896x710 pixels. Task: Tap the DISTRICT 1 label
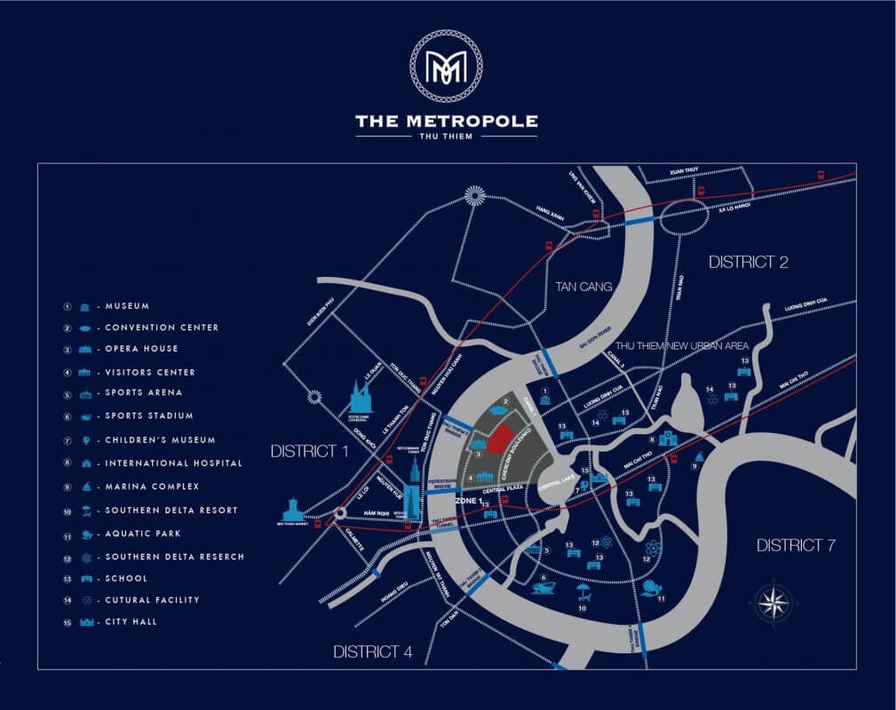[310, 452]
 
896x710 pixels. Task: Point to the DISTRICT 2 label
[749, 262]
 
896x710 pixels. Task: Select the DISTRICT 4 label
[372, 652]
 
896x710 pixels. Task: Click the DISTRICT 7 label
[795, 545]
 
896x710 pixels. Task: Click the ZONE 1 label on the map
[468, 501]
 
